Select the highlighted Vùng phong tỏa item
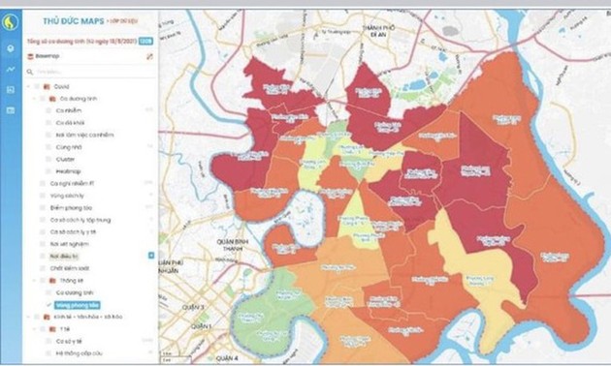tap(75, 304)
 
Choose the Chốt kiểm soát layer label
tap(72, 266)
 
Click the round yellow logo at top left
tap(10, 20)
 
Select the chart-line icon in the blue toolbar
tap(10, 69)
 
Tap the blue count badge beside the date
tap(145, 41)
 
